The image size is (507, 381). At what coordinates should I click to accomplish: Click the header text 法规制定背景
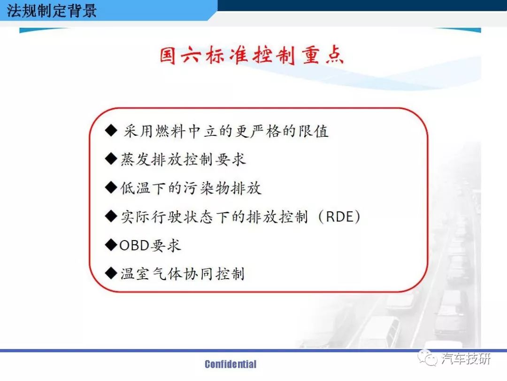(x=52, y=10)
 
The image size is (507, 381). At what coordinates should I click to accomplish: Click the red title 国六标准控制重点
(x=252, y=55)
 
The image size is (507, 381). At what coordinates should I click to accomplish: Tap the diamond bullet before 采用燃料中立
(x=111, y=131)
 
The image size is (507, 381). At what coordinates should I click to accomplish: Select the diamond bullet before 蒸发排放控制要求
(x=111, y=159)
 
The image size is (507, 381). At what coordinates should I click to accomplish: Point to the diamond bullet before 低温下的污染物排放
(x=111, y=187)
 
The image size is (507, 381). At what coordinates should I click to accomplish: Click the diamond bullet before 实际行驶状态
(x=111, y=216)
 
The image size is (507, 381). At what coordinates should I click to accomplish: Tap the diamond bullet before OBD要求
(x=111, y=245)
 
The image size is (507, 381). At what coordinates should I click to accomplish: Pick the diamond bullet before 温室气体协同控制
(x=111, y=273)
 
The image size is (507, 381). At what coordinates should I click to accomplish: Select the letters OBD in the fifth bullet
(x=134, y=245)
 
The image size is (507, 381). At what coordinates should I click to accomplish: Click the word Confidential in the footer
(x=230, y=364)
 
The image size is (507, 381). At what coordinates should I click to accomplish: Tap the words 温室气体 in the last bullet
(x=151, y=274)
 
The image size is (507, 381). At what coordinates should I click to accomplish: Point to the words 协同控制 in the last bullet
(x=214, y=274)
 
